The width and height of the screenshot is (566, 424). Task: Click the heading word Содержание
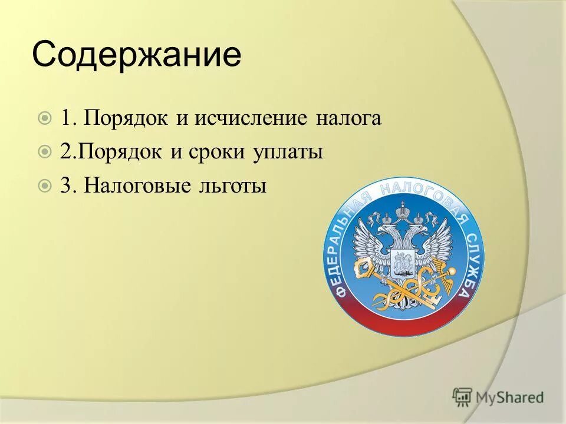click(x=136, y=56)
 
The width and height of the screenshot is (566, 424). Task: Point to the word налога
click(x=348, y=119)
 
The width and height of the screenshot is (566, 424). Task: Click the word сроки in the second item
click(x=219, y=153)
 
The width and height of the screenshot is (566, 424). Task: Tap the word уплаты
click(x=289, y=153)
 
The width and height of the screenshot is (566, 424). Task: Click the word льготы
click(x=233, y=187)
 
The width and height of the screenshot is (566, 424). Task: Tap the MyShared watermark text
click(x=509, y=397)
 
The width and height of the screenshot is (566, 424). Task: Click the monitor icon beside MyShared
click(x=463, y=397)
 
